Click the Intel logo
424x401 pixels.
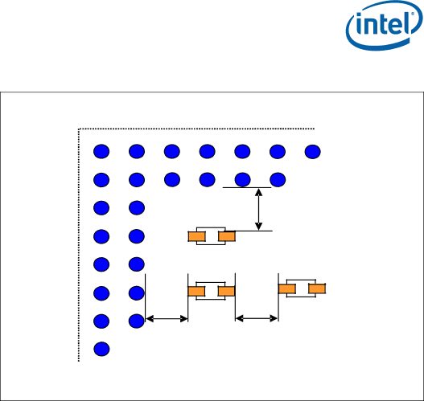(x=384, y=26)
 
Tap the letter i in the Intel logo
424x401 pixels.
(x=360, y=24)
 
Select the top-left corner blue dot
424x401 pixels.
(x=101, y=151)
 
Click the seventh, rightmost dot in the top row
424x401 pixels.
(x=313, y=152)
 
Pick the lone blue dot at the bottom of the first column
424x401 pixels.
(x=101, y=349)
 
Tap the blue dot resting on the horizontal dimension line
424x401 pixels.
(x=242, y=179)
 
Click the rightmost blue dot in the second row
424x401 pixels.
(x=278, y=179)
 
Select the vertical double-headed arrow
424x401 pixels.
(x=259, y=209)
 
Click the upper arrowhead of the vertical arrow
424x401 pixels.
(x=259, y=192)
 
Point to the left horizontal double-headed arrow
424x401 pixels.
(x=167, y=319)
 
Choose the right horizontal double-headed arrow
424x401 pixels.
(x=257, y=319)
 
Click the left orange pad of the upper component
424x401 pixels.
(x=197, y=236)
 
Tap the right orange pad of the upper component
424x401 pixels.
(x=227, y=236)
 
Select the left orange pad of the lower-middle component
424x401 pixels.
(x=196, y=292)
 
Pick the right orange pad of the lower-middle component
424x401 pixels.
(x=226, y=292)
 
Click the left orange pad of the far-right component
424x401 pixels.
(x=287, y=289)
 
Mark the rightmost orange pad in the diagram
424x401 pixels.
(x=317, y=288)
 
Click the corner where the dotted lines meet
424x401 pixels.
(x=79, y=129)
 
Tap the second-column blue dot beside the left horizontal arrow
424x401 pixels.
(x=137, y=321)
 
